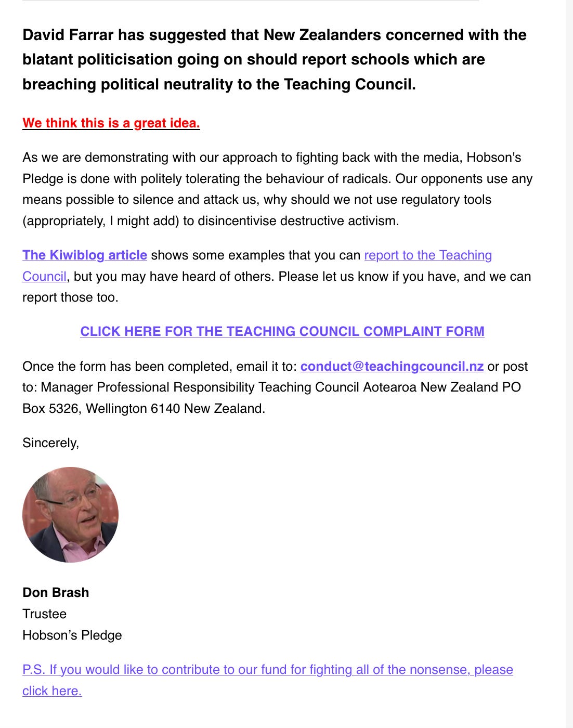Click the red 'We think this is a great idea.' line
111,123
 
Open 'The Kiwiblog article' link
84,255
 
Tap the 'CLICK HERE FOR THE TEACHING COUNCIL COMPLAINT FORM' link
282,332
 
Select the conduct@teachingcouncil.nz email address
392,367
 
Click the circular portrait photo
70,515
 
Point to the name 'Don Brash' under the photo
56,593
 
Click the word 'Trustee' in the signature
44,614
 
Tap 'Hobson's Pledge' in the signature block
72,635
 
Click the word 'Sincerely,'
50,443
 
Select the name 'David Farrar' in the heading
68,35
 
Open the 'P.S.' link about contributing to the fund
267,670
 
